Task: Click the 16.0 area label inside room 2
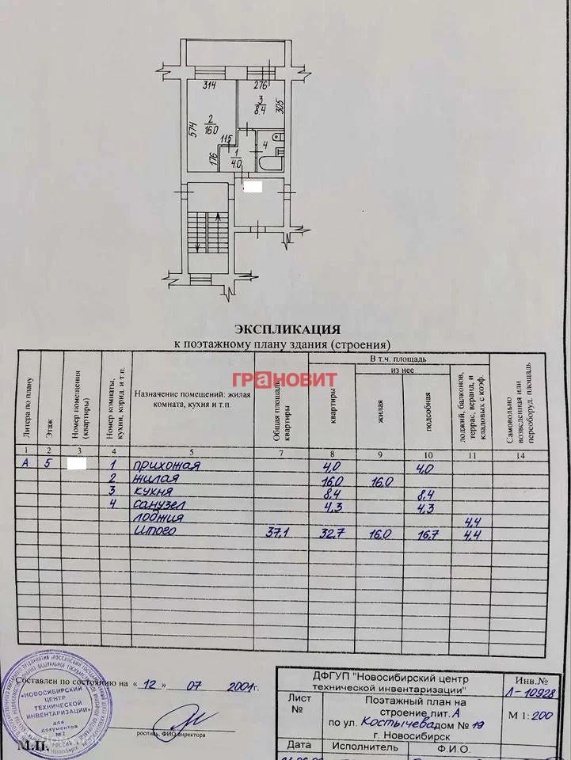[211, 131]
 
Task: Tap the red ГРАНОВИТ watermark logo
[284, 379]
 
